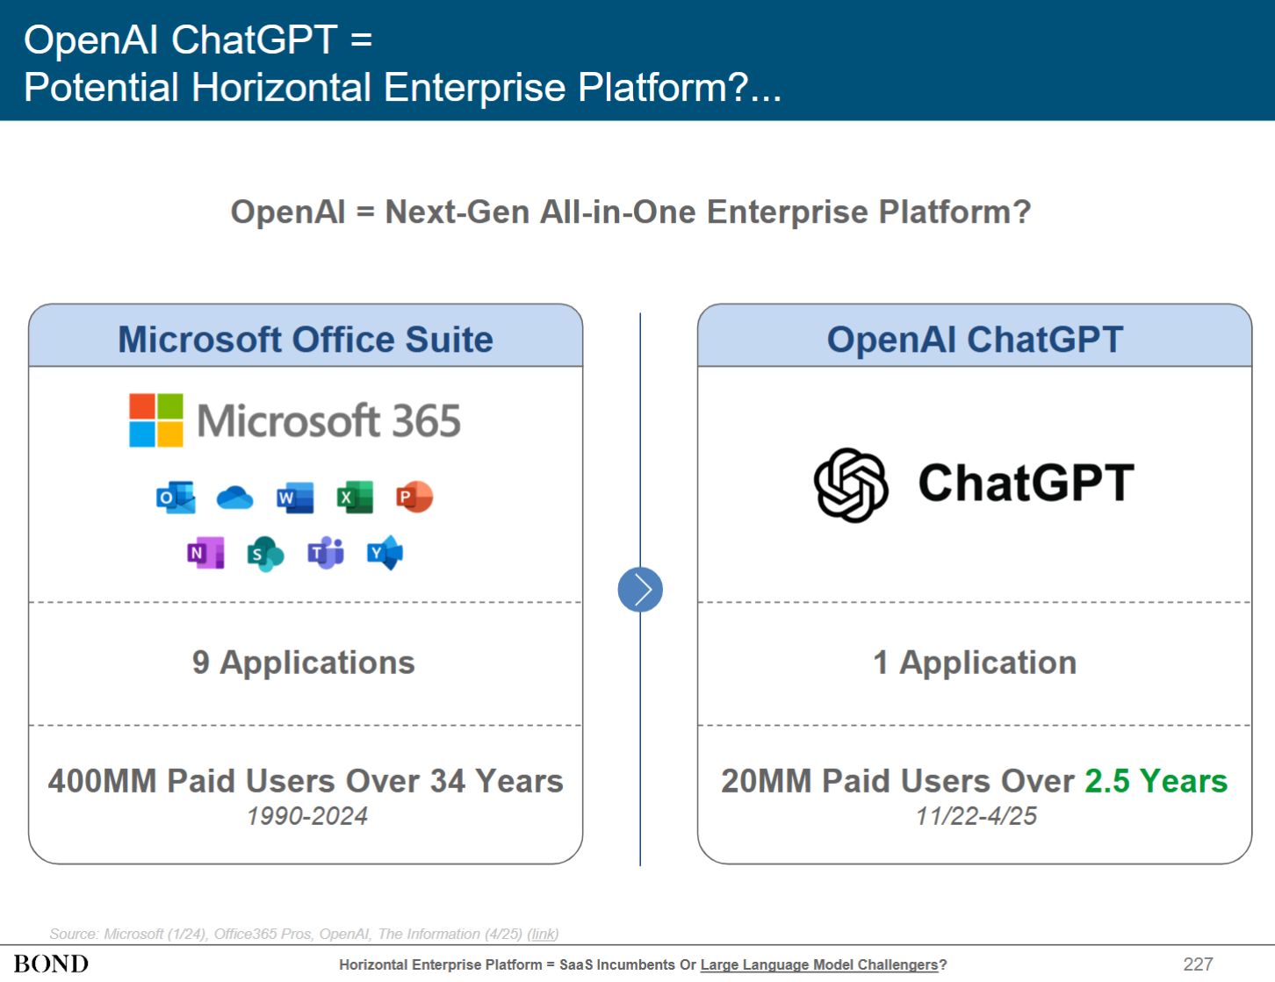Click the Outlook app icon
[x=176, y=498]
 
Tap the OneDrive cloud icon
[x=234, y=498]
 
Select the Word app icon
[x=295, y=498]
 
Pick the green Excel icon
[x=355, y=498]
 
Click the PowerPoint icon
[x=414, y=497]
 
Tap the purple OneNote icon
[x=205, y=552]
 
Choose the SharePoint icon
[x=266, y=554]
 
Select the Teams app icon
[x=326, y=552]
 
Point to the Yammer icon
[x=385, y=552]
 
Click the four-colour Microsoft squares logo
[x=156, y=420]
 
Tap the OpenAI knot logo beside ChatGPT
[x=851, y=484]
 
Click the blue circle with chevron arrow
[x=640, y=589]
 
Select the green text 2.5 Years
[x=1156, y=781]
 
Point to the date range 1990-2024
[x=306, y=816]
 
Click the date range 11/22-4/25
[x=976, y=816]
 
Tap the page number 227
[x=1198, y=964]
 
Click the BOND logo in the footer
[x=51, y=964]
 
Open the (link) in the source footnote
[x=543, y=934]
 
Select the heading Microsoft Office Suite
[x=306, y=339]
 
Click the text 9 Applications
[x=303, y=663]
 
